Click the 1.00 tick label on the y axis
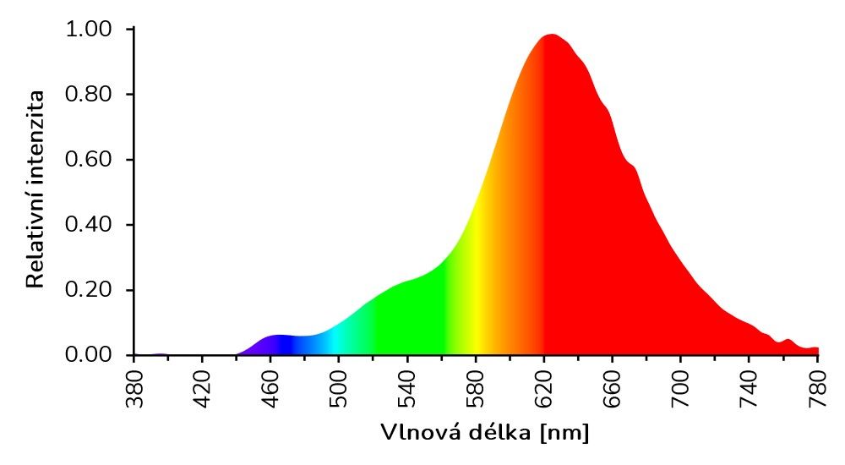(88, 30)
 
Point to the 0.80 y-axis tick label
(88, 95)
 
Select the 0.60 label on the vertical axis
(88, 160)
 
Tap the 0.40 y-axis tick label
(88, 225)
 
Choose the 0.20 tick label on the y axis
(88, 290)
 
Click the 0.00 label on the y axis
(88, 355)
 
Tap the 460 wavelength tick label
(271, 388)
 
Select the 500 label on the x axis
(340, 388)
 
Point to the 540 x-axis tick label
(408, 388)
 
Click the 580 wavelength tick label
(477, 388)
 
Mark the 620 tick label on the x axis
(545, 388)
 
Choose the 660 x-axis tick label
(613, 388)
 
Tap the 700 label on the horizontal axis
(682, 388)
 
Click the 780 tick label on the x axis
(818, 388)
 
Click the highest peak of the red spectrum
(551, 36)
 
